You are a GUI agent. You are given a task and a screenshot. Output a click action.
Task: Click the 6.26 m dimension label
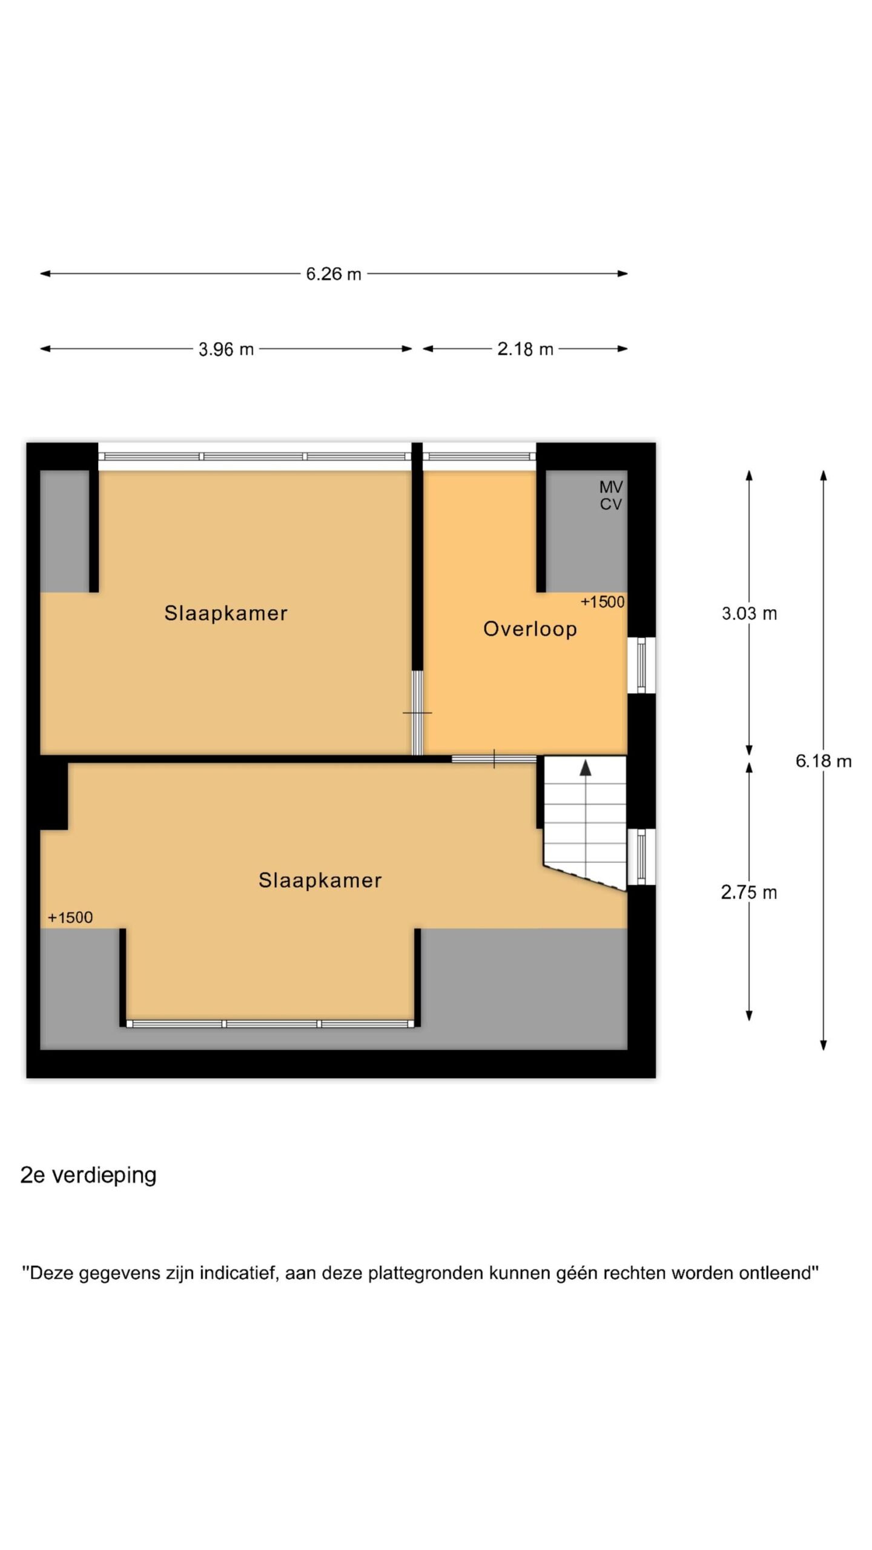point(333,274)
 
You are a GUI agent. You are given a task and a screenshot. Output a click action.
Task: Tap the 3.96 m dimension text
point(226,349)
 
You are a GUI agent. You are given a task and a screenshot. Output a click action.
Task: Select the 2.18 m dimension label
point(525,349)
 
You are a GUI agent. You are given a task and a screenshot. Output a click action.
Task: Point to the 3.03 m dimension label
point(749,613)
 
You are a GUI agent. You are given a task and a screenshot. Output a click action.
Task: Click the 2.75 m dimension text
point(749,892)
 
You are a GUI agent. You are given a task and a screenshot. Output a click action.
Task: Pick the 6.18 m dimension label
point(824,761)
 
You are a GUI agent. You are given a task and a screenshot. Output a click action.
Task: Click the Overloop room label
point(530,629)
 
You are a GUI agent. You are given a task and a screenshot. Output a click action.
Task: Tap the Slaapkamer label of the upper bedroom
point(226,613)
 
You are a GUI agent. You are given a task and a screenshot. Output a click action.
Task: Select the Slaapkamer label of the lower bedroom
point(320,880)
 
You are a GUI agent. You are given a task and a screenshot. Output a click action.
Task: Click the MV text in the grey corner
point(611,487)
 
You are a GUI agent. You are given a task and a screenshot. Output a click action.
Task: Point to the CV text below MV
point(611,504)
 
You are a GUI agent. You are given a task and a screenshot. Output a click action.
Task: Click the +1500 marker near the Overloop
point(603,602)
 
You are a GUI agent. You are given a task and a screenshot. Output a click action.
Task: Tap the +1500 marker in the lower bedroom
point(70,917)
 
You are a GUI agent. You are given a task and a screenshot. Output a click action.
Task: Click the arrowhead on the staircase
point(586,768)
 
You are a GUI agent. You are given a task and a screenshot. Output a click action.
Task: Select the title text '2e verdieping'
point(88,1175)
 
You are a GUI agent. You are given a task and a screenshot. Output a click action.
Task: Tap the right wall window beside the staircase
point(641,857)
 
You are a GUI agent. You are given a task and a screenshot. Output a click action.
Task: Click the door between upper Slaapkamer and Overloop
point(417,713)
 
